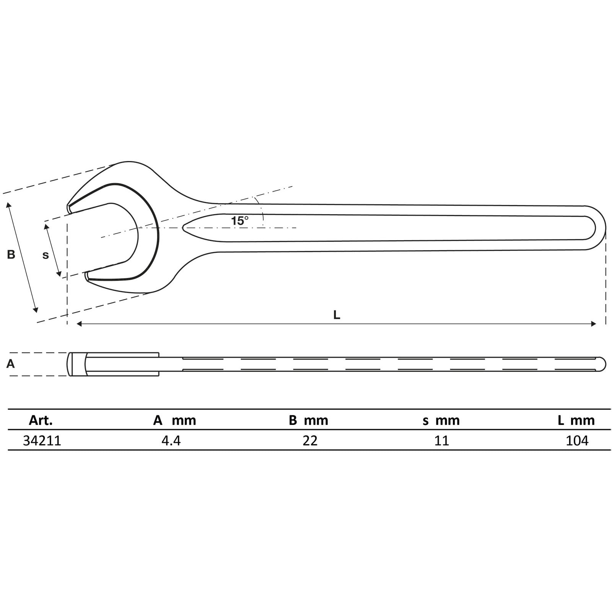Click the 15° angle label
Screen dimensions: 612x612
(x=239, y=221)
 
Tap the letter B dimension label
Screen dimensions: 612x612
(x=11, y=254)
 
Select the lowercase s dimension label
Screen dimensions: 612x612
(x=46, y=255)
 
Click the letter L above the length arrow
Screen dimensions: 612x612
(x=337, y=315)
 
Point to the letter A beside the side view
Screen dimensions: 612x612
(x=10, y=364)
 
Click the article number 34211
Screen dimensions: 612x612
(x=42, y=441)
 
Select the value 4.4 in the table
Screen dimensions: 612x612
(x=171, y=441)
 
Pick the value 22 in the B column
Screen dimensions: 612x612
(x=310, y=441)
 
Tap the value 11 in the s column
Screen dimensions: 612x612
(x=441, y=441)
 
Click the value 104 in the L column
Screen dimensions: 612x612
(x=577, y=441)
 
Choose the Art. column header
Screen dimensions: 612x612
(x=41, y=420)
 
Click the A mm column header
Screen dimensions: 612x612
(x=174, y=420)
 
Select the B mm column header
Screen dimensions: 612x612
(x=308, y=420)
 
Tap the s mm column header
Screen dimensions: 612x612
(x=441, y=420)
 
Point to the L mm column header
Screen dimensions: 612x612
(x=576, y=420)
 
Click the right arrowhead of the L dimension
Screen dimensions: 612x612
(x=594, y=324)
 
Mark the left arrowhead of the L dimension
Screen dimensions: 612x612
(x=79, y=324)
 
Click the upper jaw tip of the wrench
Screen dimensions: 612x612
(x=69, y=208)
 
